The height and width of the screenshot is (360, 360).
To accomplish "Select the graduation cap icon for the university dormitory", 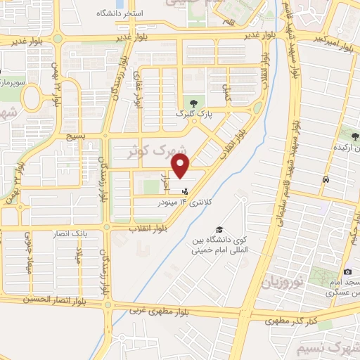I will [220, 230].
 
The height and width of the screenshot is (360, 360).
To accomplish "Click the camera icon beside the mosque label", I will [347, 272].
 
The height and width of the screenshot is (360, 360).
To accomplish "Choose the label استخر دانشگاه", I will [135, 13].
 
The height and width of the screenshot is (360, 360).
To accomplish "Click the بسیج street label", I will [72, 136].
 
